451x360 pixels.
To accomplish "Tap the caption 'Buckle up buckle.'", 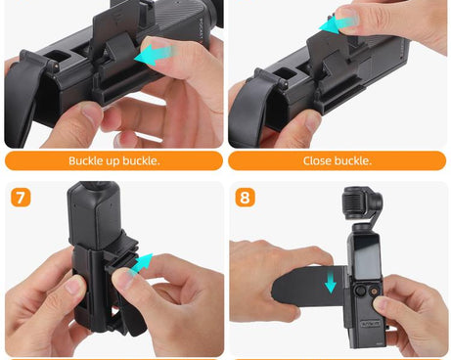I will pyautogui.click(x=113, y=160).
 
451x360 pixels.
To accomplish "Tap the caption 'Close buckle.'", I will pyautogui.click(x=338, y=160).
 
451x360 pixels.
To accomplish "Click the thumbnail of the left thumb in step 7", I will pyautogui.click(x=68, y=285).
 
